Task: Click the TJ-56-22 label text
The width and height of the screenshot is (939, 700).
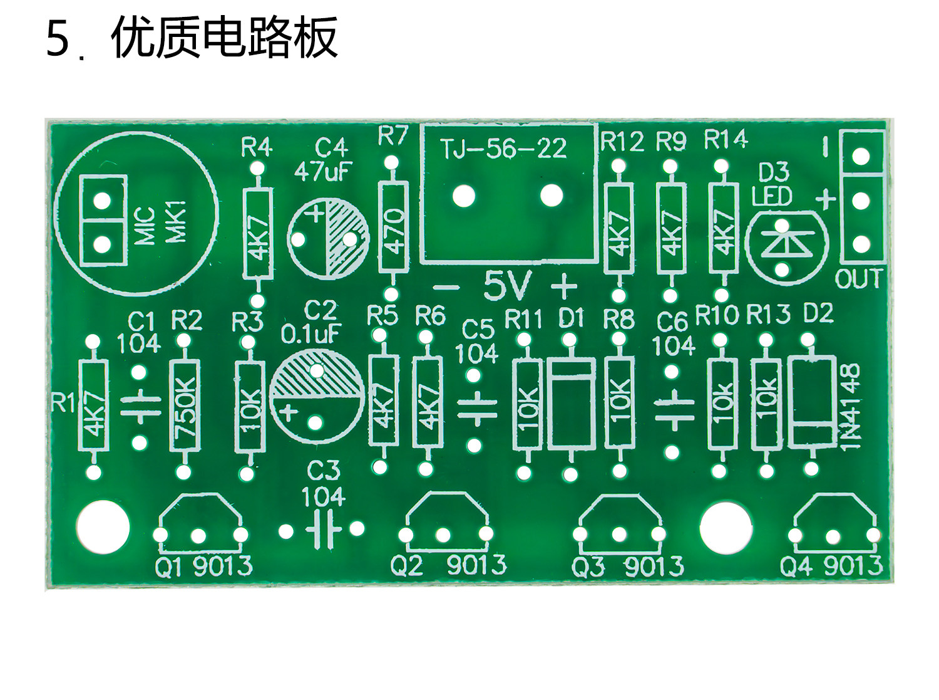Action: pyautogui.click(x=503, y=149)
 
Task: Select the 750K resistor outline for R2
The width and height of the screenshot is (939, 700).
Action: pyautogui.click(x=184, y=405)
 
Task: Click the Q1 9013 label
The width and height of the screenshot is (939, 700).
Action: pyautogui.click(x=204, y=566)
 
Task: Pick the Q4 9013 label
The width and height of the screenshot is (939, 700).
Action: pyautogui.click(x=831, y=565)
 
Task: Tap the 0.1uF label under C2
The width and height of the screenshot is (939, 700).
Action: pyautogui.click(x=310, y=335)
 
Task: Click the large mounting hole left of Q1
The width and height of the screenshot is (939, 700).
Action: pyautogui.click(x=103, y=526)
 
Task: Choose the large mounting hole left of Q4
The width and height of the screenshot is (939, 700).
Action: pyautogui.click(x=727, y=527)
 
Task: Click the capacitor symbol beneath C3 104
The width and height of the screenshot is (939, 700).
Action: pyautogui.click(x=323, y=529)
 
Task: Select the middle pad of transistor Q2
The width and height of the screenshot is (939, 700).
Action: pyautogui.click(x=443, y=535)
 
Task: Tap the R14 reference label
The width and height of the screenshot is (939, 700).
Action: pyautogui.click(x=726, y=139)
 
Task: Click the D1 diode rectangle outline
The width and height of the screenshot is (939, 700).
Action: pyautogui.click(x=571, y=403)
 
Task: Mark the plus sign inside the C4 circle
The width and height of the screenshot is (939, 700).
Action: pyautogui.click(x=316, y=213)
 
